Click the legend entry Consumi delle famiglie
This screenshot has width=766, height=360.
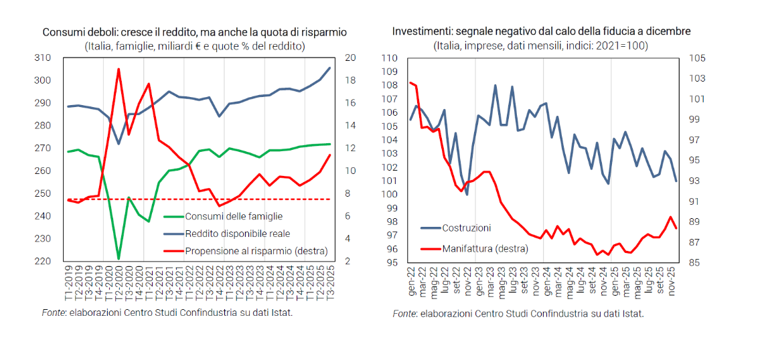[234, 216]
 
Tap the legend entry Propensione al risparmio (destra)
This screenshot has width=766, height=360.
[256, 251]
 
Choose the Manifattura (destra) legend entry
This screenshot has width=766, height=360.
[485, 249]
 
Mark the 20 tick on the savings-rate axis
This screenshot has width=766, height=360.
[349, 58]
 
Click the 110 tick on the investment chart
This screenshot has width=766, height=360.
[390, 58]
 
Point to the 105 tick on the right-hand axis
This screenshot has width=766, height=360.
[696, 58]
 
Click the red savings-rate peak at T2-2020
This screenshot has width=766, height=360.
[119, 69]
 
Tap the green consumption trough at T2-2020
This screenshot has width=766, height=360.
[119, 258]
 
